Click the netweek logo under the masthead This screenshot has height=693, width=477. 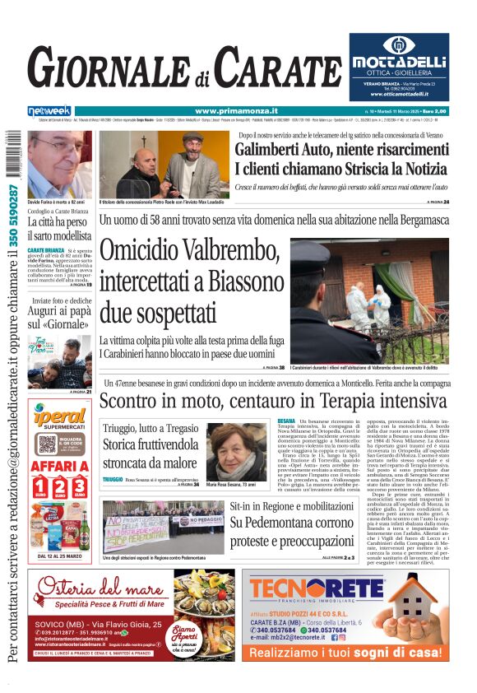pos(49,111)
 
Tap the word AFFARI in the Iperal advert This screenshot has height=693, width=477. pos(59,466)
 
